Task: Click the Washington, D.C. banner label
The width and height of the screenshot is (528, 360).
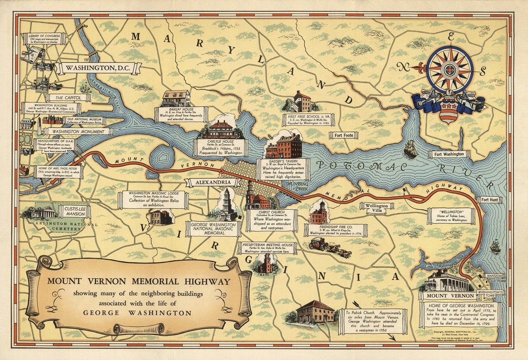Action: point(97,68)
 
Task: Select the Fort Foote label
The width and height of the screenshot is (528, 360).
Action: point(343,136)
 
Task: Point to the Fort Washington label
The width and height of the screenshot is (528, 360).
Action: point(448,154)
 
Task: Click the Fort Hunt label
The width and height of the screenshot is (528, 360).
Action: point(489,200)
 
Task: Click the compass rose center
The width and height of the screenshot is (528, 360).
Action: point(449,70)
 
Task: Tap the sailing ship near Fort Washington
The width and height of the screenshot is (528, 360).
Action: point(411,149)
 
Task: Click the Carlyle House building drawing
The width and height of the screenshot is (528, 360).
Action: point(221,130)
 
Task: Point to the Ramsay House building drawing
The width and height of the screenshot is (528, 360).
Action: point(176,98)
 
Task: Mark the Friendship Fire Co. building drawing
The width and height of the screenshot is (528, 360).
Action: point(319,213)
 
